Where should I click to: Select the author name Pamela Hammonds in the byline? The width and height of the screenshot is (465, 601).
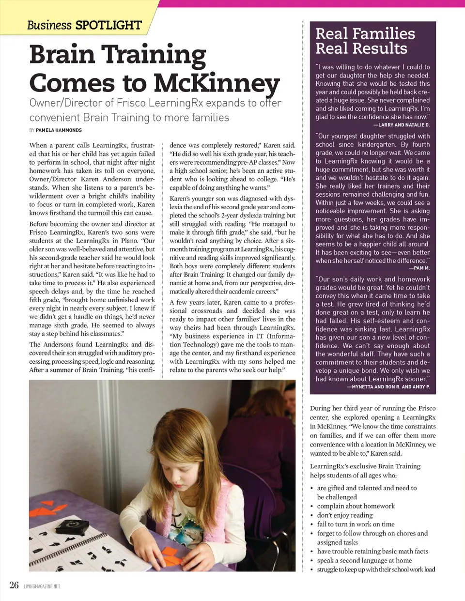[59, 130]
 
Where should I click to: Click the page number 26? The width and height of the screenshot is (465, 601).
[14, 585]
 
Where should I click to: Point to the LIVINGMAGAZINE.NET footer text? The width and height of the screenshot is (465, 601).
[42, 586]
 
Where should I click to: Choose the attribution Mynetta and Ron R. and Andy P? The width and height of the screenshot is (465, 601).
[388, 387]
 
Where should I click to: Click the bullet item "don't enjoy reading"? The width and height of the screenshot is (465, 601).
[345, 515]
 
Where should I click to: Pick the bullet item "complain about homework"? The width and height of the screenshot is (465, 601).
[356, 506]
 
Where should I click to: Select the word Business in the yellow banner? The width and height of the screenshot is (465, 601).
[49, 25]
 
